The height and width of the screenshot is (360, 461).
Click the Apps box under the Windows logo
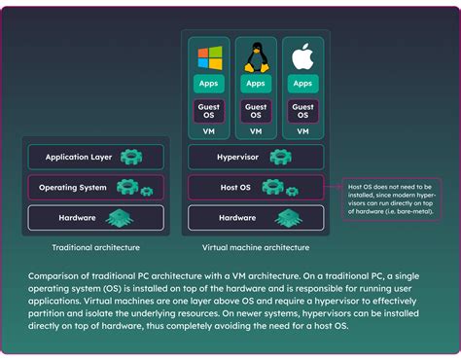click(209, 84)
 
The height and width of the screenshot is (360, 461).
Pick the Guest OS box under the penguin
click(256, 111)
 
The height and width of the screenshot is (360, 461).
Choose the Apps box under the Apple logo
click(302, 84)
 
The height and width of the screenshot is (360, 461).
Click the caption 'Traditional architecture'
click(95, 248)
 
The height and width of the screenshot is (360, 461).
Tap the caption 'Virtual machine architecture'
click(257, 248)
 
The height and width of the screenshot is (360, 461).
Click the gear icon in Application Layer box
click(131, 156)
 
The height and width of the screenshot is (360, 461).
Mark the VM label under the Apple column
click(302, 130)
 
